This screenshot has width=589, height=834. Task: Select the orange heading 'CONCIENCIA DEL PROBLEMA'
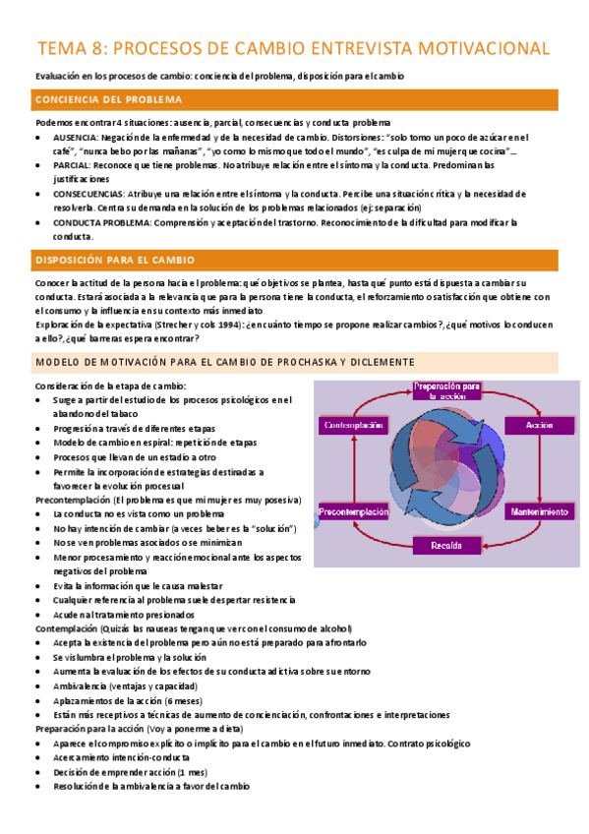point(108,100)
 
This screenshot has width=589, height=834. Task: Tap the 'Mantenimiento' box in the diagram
point(539,511)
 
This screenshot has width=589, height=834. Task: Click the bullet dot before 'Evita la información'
point(39,585)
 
